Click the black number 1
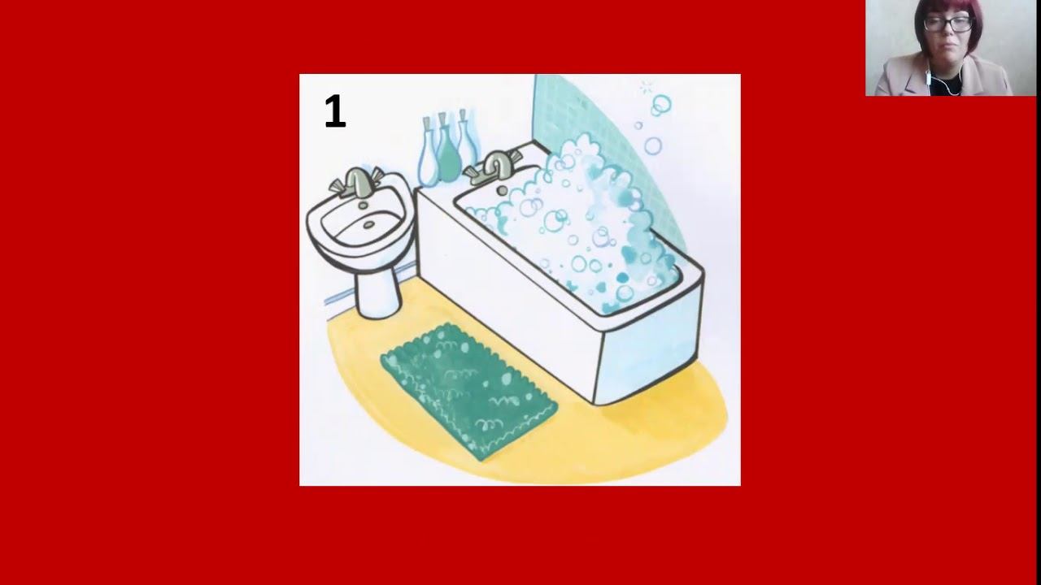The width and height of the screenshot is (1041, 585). click(335, 111)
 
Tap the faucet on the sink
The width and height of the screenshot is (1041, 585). click(357, 182)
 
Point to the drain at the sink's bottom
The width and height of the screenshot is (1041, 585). click(369, 225)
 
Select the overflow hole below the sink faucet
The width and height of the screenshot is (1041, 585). click(363, 205)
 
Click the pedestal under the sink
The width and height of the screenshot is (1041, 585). click(378, 290)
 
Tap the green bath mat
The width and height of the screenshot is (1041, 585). click(468, 392)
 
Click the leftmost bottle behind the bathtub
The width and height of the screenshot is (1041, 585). click(428, 154)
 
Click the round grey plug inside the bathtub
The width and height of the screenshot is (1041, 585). click(502, 190)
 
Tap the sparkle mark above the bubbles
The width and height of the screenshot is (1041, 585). click(646, 87)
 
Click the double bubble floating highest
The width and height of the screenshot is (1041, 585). click(660, 106)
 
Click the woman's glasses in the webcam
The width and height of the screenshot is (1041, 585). click(948, 24)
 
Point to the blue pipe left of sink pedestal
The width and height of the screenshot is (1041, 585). click(339, 297)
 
